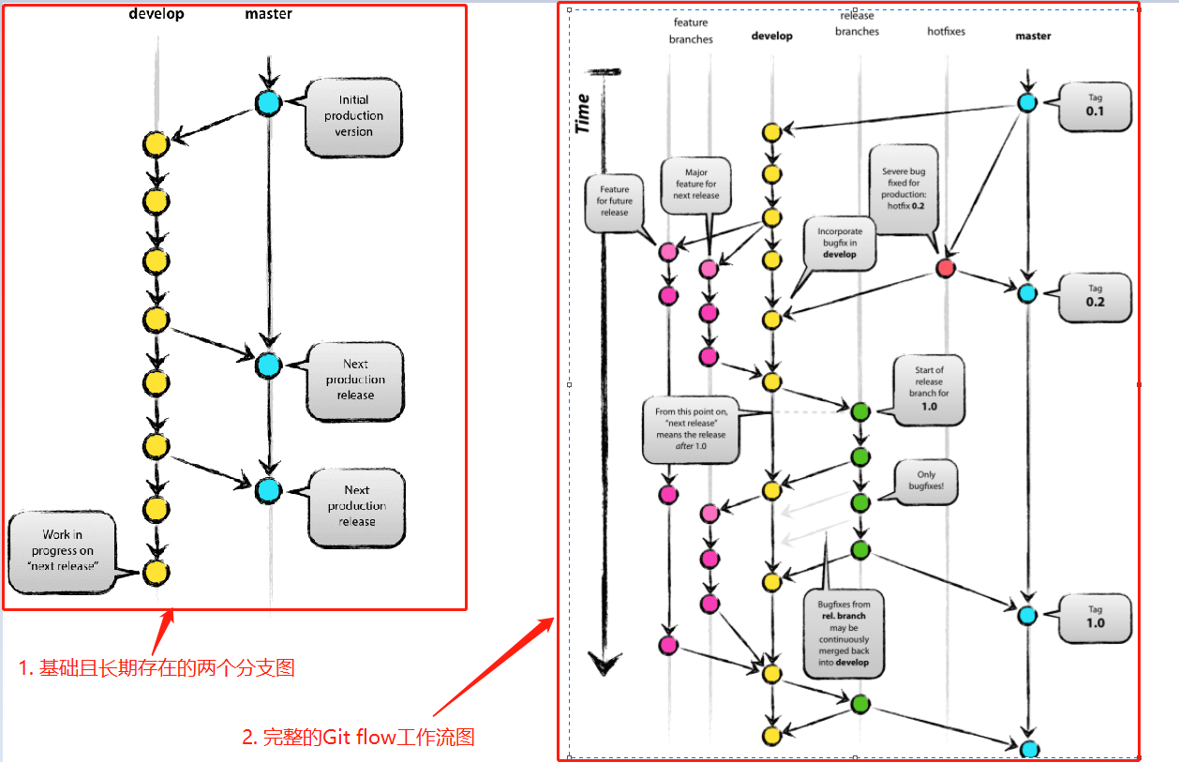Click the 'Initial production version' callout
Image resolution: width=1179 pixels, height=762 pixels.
(353, 116)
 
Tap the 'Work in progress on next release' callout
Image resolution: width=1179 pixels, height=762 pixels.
(62, 551)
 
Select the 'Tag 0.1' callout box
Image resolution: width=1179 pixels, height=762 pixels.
(1095, 106)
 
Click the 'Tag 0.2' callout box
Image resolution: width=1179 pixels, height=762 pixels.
(1095, 296)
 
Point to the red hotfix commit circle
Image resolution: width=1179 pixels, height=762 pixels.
(946, 269)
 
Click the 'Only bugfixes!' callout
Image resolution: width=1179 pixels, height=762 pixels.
(927, 482)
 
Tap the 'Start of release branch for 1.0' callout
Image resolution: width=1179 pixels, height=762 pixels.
(929, 388)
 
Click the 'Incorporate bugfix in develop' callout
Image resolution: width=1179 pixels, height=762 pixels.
(839, 243)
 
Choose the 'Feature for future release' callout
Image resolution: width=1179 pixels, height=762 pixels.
(615, 201)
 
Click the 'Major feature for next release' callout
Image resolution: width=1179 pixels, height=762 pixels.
(695, 184)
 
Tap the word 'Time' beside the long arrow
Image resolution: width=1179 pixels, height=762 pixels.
(583, 112)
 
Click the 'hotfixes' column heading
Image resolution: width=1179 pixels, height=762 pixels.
(946, 32)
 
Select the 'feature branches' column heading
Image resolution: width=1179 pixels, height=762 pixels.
(691, 31)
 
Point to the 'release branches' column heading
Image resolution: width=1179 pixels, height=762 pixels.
(857, 23)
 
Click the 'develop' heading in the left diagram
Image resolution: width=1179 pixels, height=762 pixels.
(157, 14)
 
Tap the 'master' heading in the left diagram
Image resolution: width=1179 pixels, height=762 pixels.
(268, 14)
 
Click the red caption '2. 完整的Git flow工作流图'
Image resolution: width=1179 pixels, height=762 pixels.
(359, 738)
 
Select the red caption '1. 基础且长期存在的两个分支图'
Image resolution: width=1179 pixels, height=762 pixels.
(157, 667)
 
